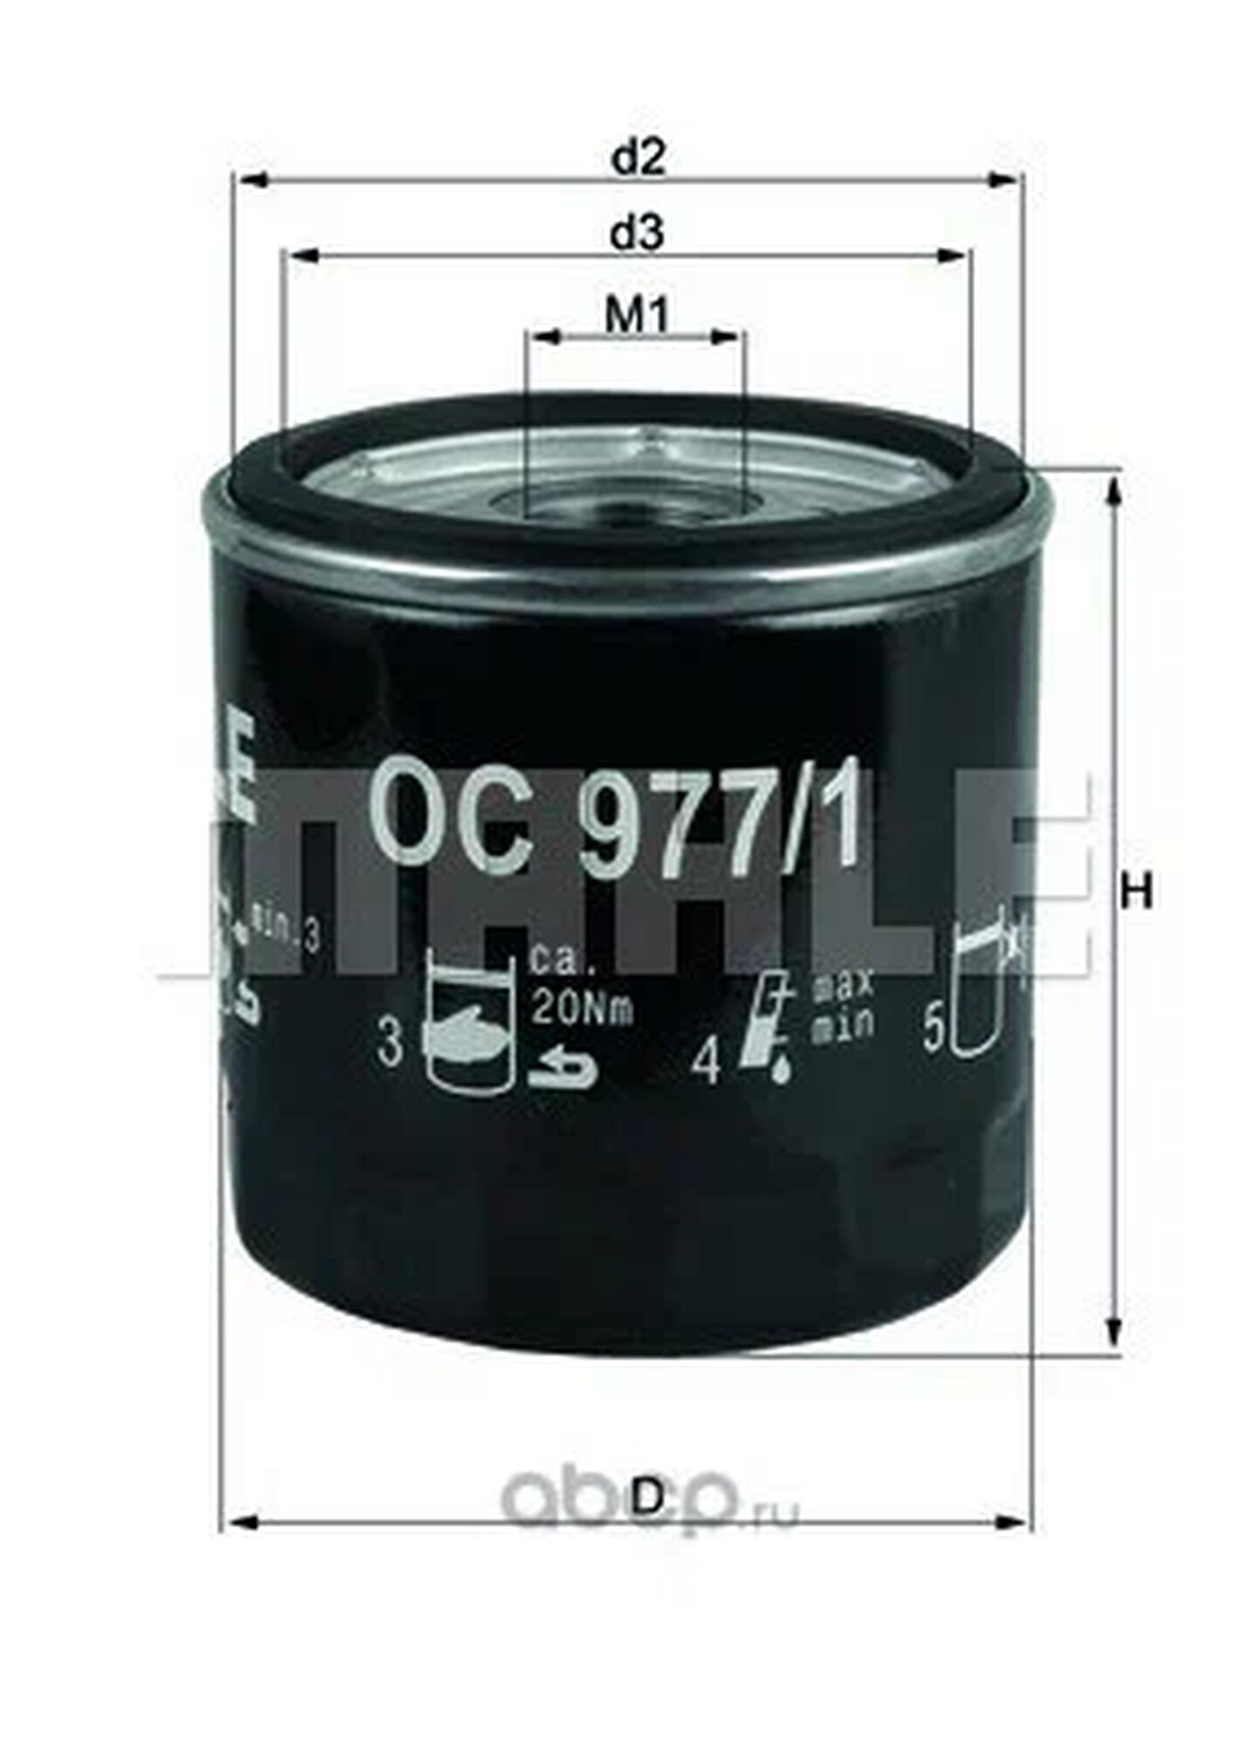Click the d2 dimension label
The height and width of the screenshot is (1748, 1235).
click(x=638, y=157)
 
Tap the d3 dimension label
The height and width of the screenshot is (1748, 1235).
click(x=638, y=234)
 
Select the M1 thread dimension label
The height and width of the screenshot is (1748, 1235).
click(x=638, y=316)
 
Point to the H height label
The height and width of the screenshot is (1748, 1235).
click(x=1136, y=892)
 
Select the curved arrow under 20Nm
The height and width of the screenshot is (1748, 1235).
click(x=563, y=1071)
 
